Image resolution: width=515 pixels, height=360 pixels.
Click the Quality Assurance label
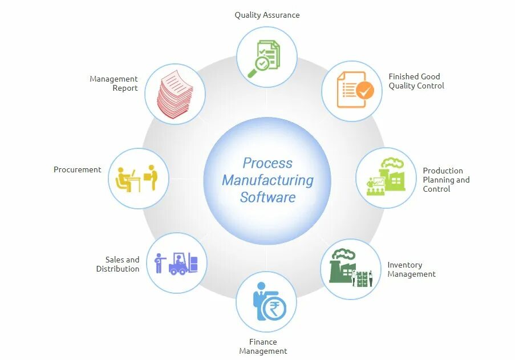click(x=267, y=15)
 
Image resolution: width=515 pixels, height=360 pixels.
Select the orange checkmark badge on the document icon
click(x=364, y=90)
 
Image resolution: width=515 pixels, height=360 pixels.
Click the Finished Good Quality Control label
click(x=416, y=81)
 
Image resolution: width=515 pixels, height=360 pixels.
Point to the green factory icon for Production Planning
click(x=385, y=177)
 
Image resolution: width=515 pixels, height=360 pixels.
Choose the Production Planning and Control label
click(x=446, y=179)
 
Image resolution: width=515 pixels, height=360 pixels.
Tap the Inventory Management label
click(x=411, y=269)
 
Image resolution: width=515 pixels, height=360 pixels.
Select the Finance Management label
click(x=263, y=346)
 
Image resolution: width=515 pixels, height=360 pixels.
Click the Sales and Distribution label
click(x=118, y=264)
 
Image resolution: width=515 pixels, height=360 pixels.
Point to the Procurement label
click(x=78, y=169)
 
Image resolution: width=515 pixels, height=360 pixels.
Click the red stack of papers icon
click(x=175, y=94)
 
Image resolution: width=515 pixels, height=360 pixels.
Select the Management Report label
click(x=114, y=83)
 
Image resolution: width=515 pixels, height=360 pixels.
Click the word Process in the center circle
click(x=267, y=163)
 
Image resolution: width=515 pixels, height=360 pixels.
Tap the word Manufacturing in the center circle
click(x=267, y=180)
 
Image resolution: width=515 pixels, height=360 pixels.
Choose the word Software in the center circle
click(x=267, y=197)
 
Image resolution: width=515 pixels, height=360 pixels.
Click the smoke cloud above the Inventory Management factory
click(x=344, y=254)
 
